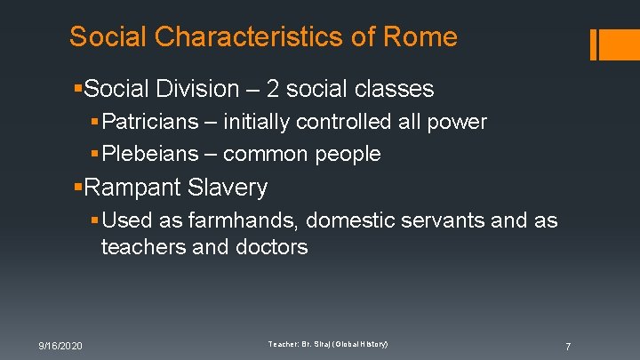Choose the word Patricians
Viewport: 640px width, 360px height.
[x=154, y=122]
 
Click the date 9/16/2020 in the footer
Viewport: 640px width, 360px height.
[x=60, y=345]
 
